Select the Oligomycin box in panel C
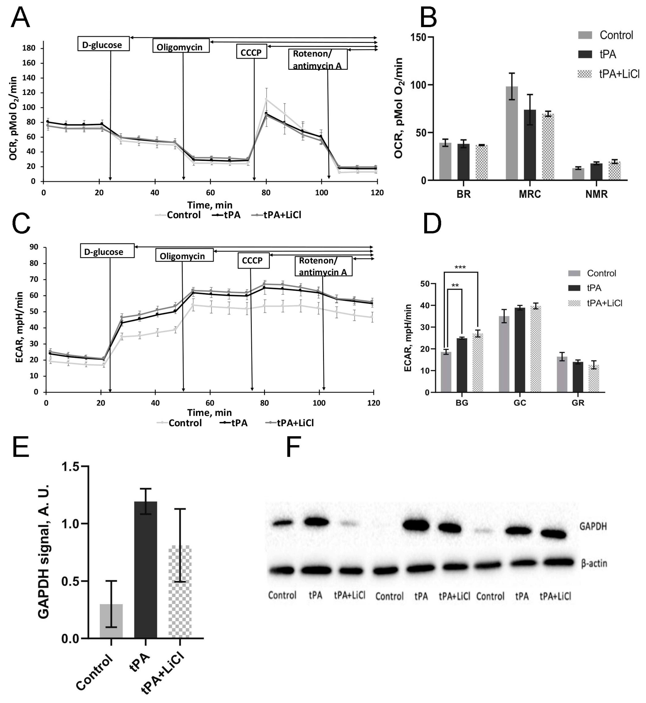[184, 256]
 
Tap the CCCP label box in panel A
[251, 52]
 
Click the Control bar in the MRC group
[512, 133]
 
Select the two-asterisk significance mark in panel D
[455, 286]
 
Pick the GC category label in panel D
[520, 403]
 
